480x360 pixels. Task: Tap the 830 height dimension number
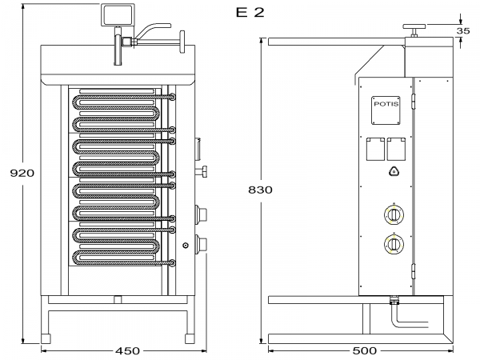260,190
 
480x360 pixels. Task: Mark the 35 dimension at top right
462,30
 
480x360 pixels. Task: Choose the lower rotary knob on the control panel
394,244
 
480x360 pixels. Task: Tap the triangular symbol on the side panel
393,170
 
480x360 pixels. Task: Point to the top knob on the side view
414,29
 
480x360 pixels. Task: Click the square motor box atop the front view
114,14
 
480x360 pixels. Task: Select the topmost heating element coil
120,102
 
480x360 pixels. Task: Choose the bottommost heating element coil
120,258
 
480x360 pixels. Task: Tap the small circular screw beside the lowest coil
185,246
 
